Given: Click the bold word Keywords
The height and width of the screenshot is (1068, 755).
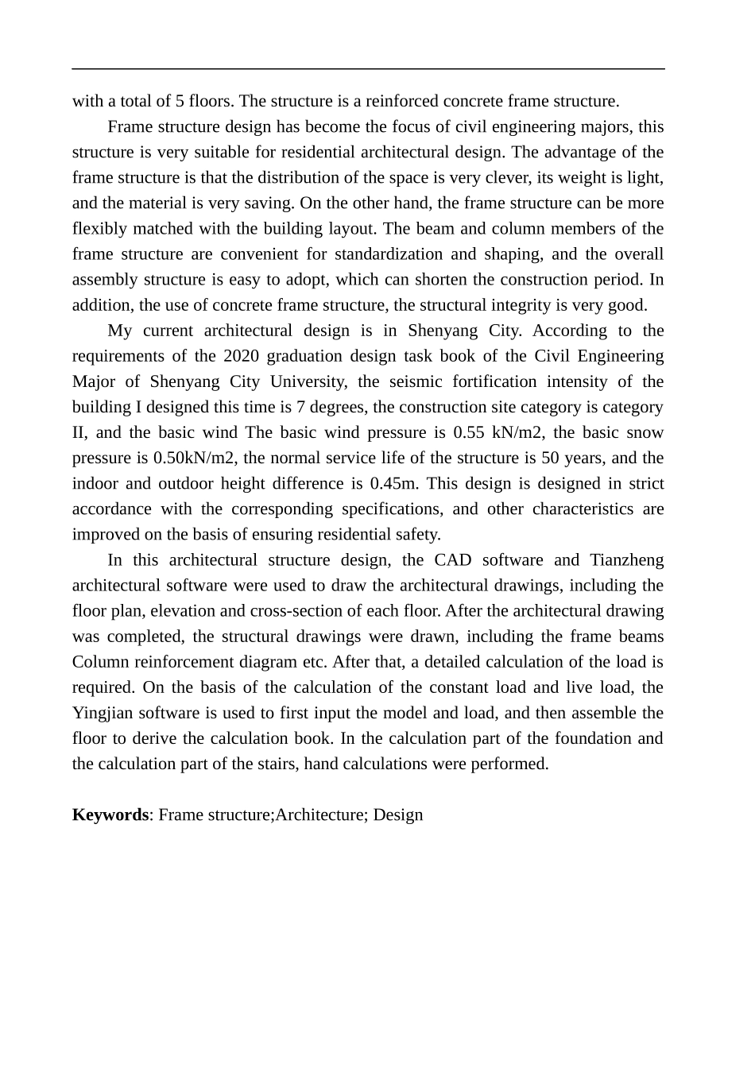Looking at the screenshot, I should pos(110,815).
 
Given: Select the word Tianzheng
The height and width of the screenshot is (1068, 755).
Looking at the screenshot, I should pos(626,560).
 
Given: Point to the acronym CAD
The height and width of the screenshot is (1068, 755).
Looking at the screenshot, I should pos(453,560).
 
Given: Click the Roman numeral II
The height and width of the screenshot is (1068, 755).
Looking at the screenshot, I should pos(80,432).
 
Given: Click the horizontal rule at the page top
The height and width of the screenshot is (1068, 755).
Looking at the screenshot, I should pos(369,69).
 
